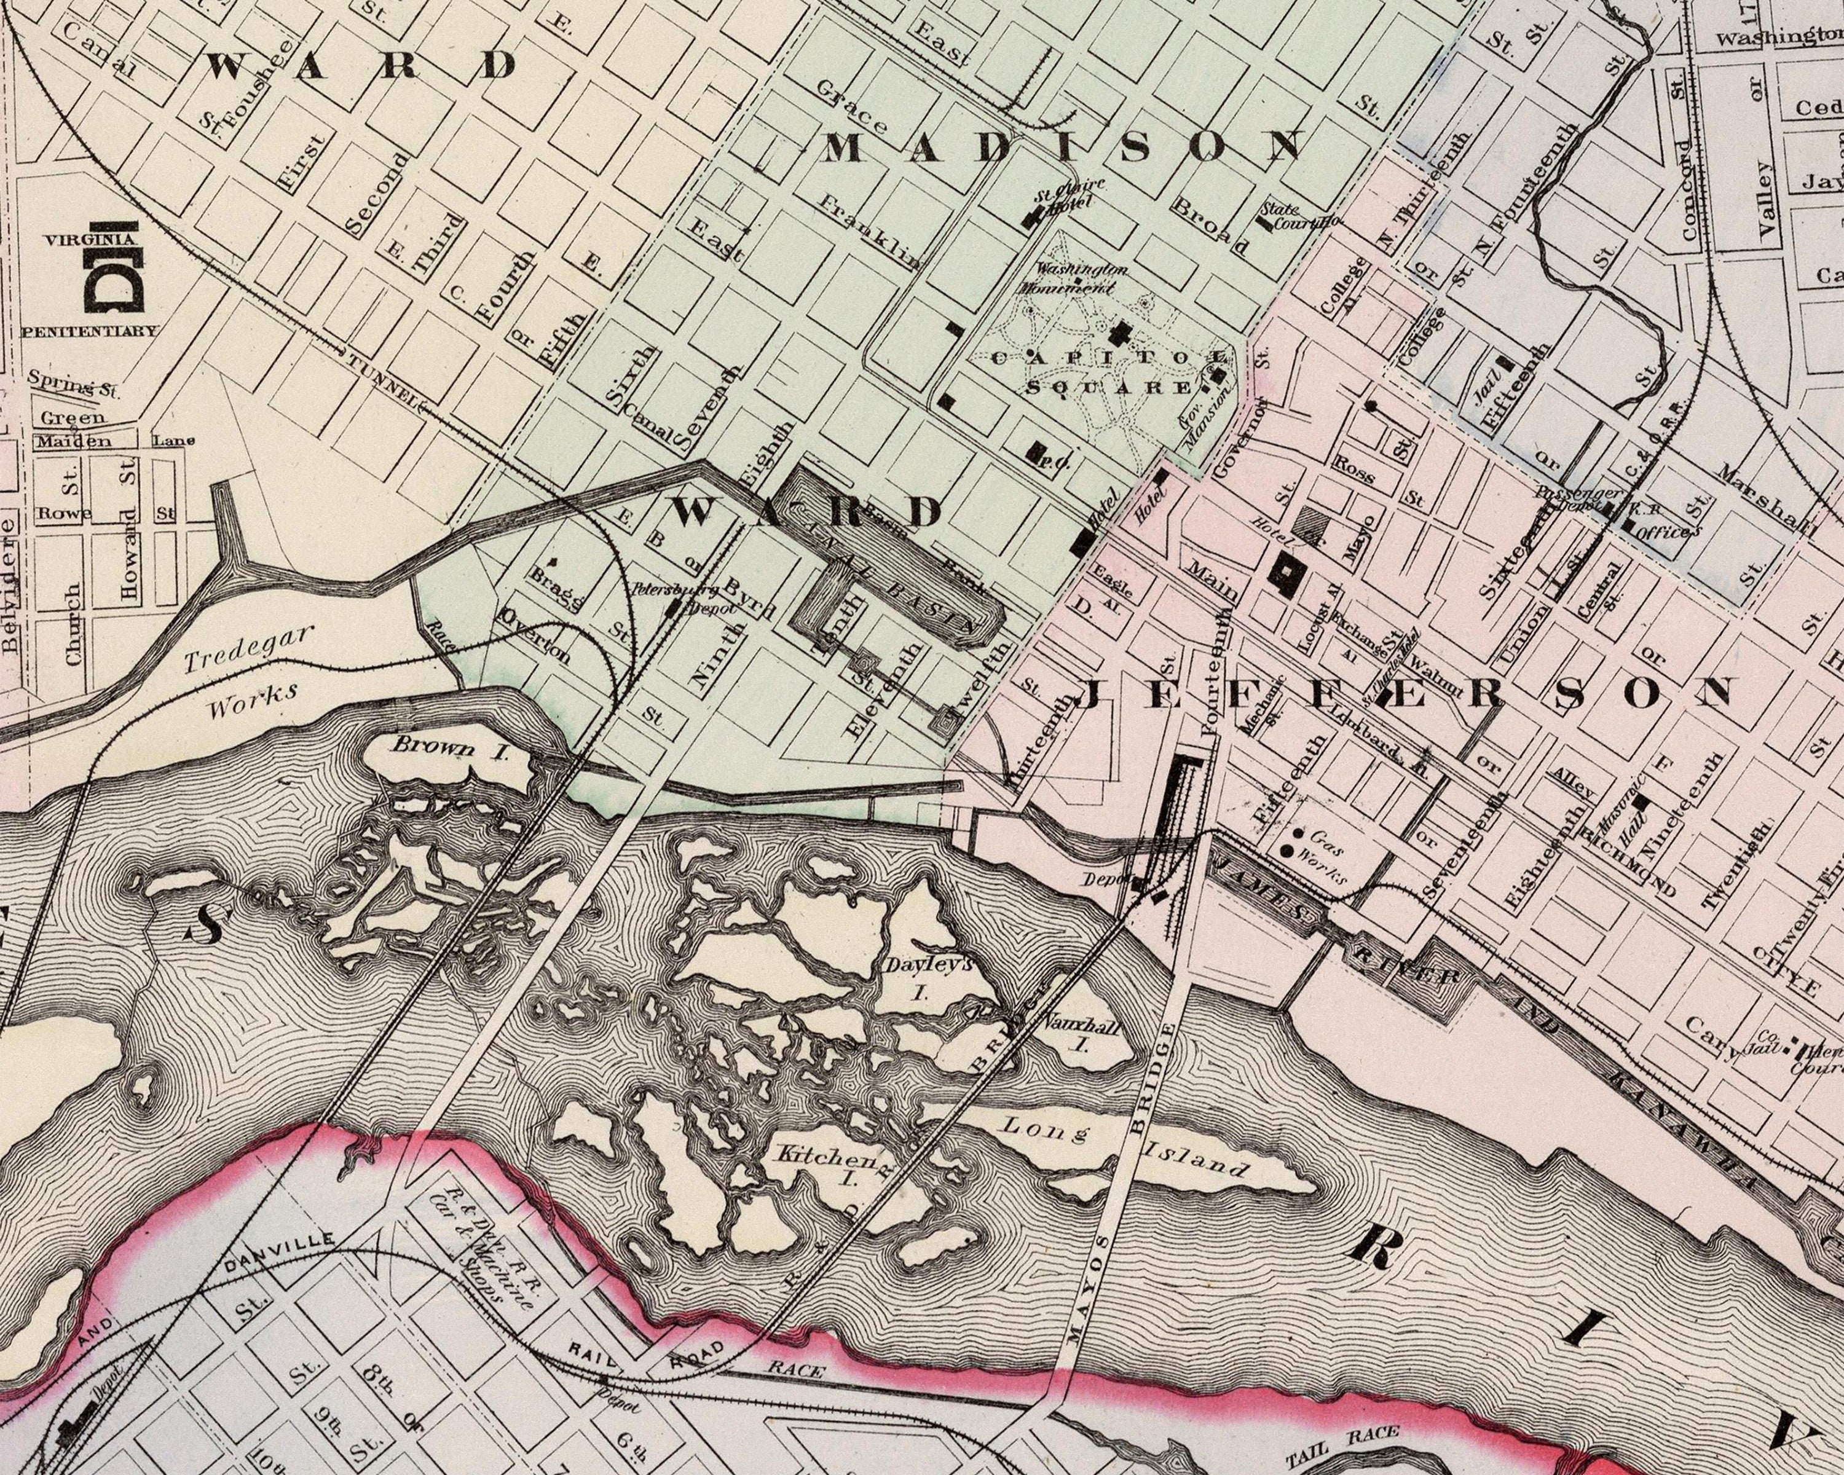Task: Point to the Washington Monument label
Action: click(1079, 278)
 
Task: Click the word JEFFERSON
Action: click(1403, 693)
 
